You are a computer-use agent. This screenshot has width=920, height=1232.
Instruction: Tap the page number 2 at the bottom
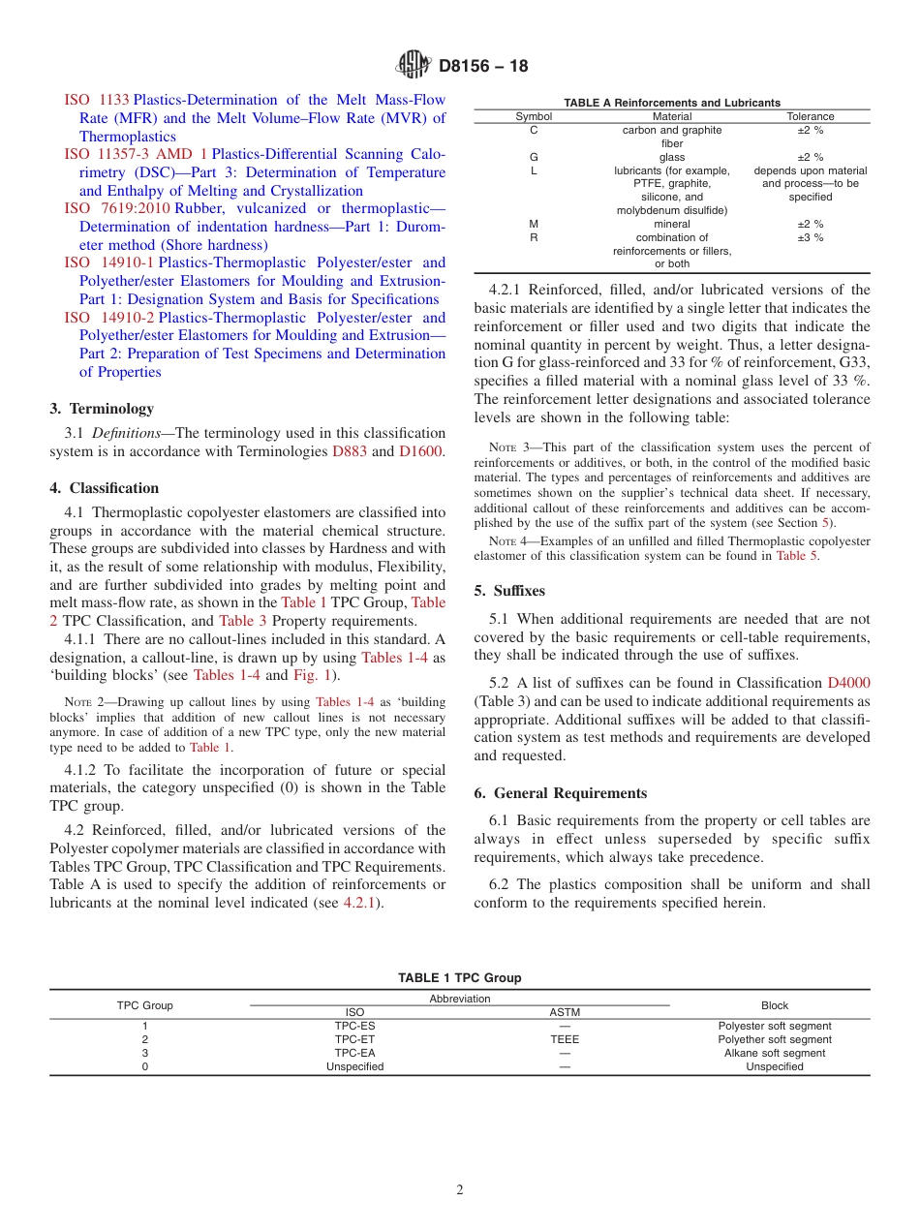coord(460,1190)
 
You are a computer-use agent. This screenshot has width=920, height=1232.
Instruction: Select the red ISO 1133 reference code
coord(97,100)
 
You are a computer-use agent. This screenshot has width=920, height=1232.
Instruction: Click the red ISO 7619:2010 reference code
coord(117,208)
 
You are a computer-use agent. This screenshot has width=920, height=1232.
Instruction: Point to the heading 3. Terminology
coord(102,409)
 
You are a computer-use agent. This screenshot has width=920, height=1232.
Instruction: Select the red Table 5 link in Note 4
coord(797,556)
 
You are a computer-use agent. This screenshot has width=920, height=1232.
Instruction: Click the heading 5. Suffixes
coord(509,591)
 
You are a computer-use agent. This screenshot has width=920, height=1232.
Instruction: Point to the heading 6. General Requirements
coord(560,793)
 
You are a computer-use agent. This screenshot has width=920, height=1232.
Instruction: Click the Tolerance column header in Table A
coord(810,116)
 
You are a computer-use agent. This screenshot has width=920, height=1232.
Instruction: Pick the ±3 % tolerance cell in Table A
coord(810,237)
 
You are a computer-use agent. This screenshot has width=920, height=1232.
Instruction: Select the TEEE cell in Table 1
coord(565,1039)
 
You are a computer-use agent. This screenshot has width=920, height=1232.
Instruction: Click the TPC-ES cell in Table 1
coord(354,1026)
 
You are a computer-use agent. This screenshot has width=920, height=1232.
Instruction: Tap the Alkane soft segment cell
coord(775,1053)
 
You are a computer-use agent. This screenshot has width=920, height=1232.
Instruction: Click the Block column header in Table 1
coord(775,1005)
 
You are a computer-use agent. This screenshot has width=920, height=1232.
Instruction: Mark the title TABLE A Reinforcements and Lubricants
coord(672,103)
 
